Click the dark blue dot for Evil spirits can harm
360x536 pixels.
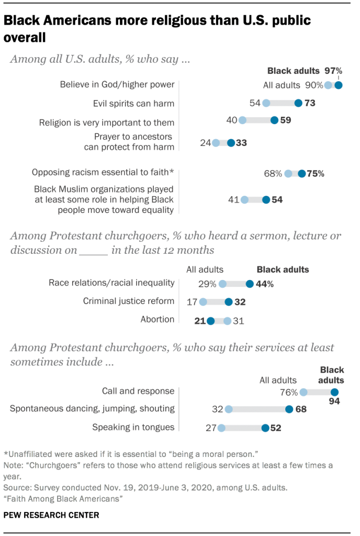298,103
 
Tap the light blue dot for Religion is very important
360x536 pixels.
242,120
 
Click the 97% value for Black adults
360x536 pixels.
333,71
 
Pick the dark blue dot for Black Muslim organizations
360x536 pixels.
266,199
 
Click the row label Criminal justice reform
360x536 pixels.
129,301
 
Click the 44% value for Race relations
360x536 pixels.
264,284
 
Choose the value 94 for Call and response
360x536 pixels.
335,402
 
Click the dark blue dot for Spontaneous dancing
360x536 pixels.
289,409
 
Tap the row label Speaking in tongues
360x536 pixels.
133,427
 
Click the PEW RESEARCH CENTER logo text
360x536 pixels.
51,515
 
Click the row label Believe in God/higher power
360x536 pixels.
117,84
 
